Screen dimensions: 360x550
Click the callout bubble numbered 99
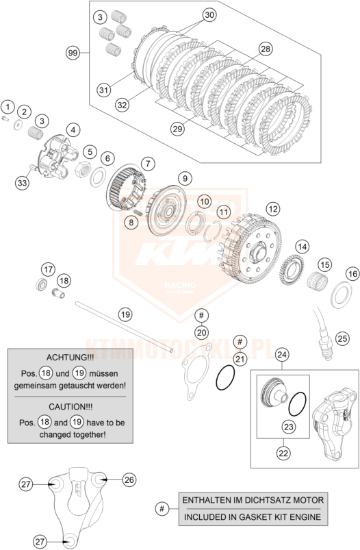pyautogui.click(x=73, y=53)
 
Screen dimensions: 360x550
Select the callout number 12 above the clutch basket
pyautogui.click(x=273, y=209)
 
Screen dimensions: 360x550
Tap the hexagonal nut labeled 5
pyautogui.click(x=83, y=169)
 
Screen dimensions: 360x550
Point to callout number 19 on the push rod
pyautogui.click(x=125, y=314)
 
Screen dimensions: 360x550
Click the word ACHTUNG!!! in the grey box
pyautogui.click(x=70, y=358)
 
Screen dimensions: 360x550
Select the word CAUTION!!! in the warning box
pyautogui.click(x=70, y=407)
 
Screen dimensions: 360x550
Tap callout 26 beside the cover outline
pyautogui.click(x=129, y=479)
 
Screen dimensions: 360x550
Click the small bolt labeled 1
pyautogui.click(x=5, y=118)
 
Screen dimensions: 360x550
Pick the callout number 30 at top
pyautogui.click(x=209, y=15)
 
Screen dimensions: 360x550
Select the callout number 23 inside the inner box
pyautogui.click(x=289, y=427)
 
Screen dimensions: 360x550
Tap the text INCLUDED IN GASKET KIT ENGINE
pyautogui.click(x=253, y=517)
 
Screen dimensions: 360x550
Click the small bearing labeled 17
pyautogui.click(x=42, y=284)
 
